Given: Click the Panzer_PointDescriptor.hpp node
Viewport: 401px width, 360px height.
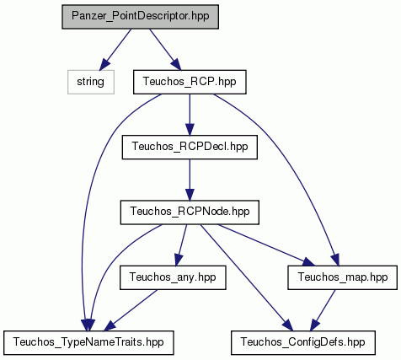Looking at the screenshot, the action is coord(140,17).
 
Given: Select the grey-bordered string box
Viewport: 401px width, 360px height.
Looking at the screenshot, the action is coord(91,82).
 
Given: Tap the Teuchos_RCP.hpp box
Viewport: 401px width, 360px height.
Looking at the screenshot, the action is coord(190,82).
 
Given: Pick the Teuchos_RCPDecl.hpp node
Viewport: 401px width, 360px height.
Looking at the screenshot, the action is coord(190,147).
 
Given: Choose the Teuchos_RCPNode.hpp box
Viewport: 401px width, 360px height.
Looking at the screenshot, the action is coord(190,212).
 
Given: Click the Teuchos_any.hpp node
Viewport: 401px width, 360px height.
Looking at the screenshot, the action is coord(173,277).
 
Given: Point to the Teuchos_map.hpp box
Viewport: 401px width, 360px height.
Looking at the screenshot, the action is coord(342,277).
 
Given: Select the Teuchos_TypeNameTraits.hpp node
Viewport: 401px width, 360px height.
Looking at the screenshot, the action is coord(88,342).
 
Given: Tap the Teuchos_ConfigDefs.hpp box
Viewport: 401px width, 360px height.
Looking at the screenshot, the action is coord(303,342).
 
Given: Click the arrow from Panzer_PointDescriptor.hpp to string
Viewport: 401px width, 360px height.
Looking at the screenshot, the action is coord(115,50).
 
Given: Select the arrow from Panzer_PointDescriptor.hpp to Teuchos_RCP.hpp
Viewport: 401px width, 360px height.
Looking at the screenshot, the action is coord(165,50).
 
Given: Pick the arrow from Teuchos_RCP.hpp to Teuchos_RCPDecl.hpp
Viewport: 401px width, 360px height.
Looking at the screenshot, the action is coord(190,115).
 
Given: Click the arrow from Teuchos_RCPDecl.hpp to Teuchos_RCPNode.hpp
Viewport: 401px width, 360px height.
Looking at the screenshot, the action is coord(190,180).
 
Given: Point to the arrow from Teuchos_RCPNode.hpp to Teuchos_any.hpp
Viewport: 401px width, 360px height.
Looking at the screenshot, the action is coord(181,245).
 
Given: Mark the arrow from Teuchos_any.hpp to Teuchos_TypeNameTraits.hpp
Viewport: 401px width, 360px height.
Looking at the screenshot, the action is coord(131,310).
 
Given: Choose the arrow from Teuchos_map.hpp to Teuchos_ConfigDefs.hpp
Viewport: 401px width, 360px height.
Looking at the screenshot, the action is coord(323,310).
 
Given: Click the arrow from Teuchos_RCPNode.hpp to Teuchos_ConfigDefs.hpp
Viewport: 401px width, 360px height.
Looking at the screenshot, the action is coord(247,277).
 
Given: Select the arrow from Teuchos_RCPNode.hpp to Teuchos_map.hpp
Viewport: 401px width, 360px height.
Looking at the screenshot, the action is coord(266,245).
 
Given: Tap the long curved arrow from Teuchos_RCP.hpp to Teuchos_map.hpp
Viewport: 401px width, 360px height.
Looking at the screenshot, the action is coord(289,158).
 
